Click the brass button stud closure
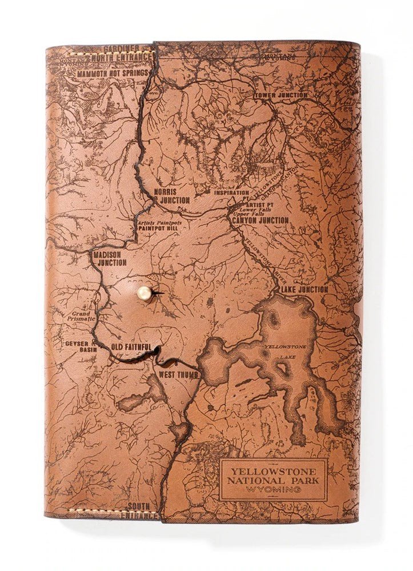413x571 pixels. [143, 293]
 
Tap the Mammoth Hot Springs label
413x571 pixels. [113, 73]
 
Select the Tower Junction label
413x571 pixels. [280, 95]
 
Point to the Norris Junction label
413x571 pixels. [171, 196]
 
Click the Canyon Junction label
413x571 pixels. [260, 220]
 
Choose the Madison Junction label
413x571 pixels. [111, 259]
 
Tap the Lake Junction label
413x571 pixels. [304, 289]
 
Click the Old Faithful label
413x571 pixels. [131, 347]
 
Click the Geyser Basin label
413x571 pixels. [79, 347]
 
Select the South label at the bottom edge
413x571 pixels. [139, 506]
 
